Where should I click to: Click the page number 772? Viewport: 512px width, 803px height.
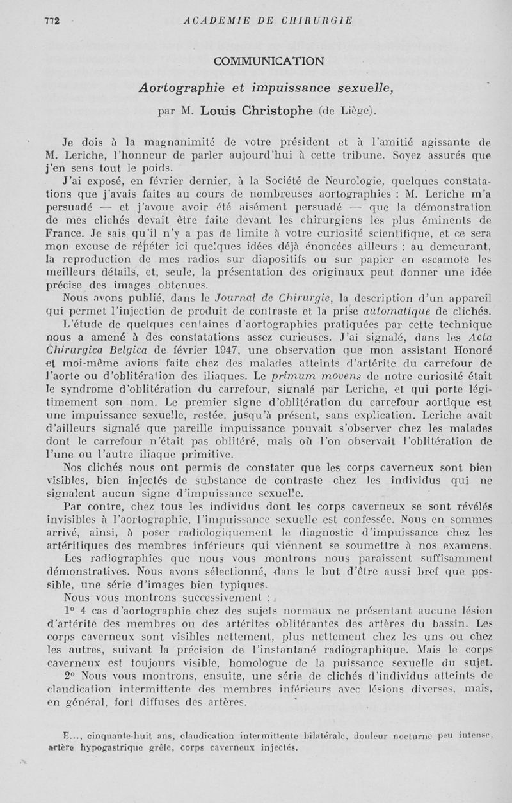point(52,20)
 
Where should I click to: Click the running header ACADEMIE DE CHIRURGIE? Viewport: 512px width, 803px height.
point(268,20)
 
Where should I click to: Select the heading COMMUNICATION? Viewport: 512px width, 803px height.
point(269,61)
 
